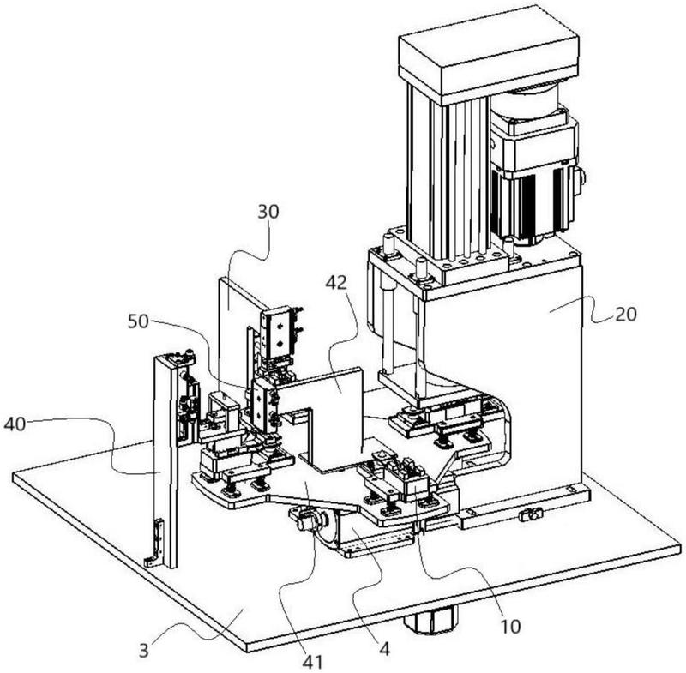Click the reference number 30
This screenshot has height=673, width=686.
[268, 212]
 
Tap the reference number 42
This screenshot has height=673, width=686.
[336, 283]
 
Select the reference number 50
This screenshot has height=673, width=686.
[138, 321]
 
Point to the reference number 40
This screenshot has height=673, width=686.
[15, 424]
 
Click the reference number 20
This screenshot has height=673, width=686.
[626, 314]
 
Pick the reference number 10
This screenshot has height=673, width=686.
[510, 626]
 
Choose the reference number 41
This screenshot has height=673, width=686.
[313, 662]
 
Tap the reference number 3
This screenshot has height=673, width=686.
[144, 650]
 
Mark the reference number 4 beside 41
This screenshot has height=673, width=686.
[384, 649]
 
